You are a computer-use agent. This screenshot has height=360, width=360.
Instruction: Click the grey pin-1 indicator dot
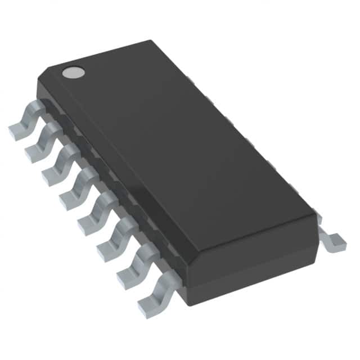(x=73, y=72)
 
